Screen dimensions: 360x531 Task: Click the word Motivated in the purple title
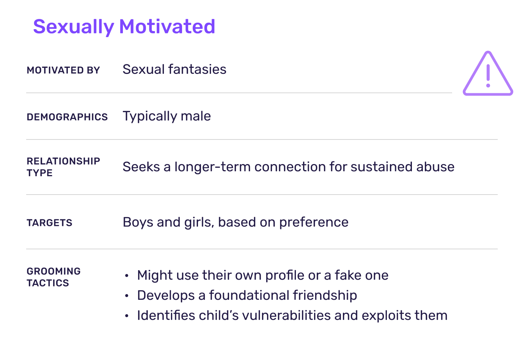[x=167, y=27]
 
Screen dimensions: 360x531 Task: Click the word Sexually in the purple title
[x=73, y=27]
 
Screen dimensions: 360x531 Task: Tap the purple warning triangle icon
[x=488, y=75]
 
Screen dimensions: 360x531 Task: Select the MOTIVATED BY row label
[x=63, y=70]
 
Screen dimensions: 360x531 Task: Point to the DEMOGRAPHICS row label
[x=67, y=117]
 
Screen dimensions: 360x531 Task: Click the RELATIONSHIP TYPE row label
[x=63, y=167]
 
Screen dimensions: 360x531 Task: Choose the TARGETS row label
[x=49, y=222]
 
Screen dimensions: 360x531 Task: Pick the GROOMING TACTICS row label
[x=53, y=277]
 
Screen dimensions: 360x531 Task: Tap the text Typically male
[x=167, y=116]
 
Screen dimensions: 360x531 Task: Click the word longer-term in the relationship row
[x=212, y=167]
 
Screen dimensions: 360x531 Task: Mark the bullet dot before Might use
[x=127, y=275]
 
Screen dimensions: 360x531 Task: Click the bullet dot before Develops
[x=127, y=296]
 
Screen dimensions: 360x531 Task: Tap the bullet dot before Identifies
[x=127, y=316]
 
